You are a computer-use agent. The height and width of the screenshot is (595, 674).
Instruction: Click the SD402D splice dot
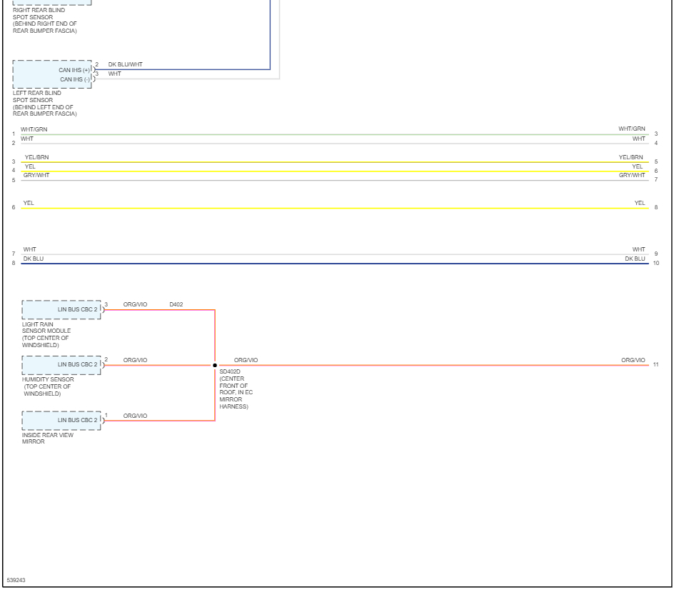tap(215, 365)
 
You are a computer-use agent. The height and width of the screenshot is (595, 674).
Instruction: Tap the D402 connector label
tap(176, 304)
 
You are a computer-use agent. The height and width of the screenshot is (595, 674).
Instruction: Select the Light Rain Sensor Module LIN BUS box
tap(61, 309)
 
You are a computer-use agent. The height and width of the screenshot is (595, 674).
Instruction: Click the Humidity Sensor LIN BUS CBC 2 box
tap(61, 365)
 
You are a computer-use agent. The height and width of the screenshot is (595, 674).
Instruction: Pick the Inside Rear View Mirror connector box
tap(61, 420)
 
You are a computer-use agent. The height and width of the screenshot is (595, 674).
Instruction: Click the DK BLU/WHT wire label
tap(125, 64)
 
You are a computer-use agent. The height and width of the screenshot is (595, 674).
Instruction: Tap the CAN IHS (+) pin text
tap(74, 70)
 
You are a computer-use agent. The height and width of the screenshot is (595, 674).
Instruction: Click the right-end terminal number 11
tap(655, 365)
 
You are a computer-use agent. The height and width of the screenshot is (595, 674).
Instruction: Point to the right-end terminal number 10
tap(655, 264)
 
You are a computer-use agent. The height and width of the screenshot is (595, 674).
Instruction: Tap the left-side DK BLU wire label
tap(34, 259)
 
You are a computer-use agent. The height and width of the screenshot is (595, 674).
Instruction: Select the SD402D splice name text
tap(231, 371)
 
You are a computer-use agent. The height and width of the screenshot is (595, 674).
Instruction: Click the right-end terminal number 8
tap(655, 209)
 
